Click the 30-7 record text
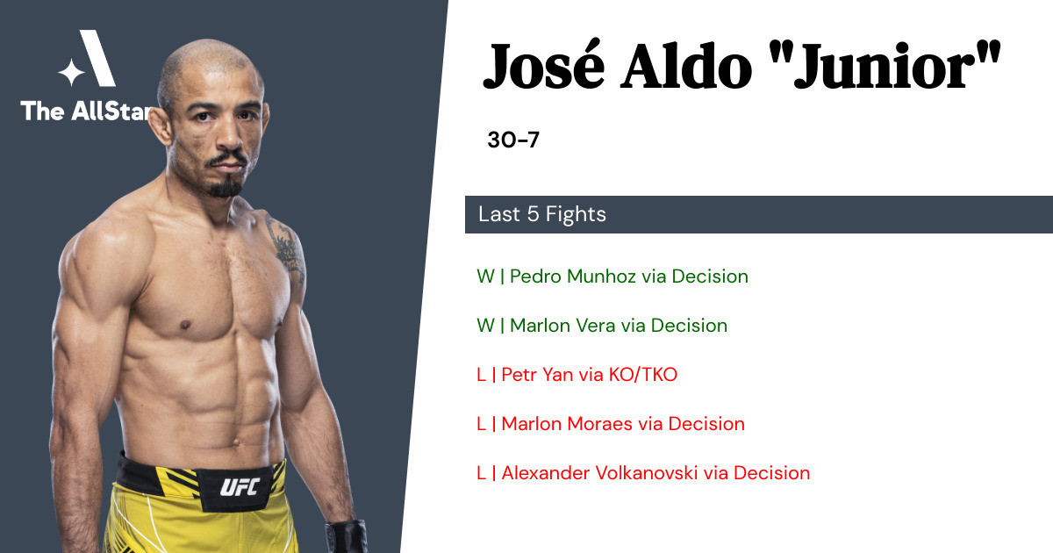coord(512,140)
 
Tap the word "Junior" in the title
coord(897,66)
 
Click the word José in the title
coord(544,65)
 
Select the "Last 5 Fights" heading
coord(542,214)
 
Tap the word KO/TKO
coord(642,375)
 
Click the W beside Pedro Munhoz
coord(485,276)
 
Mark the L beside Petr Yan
coord(481,375)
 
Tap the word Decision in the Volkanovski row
coord(772,473)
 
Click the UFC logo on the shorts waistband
coord(240,487)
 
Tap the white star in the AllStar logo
coord(71,72)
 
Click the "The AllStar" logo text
coord(87,111)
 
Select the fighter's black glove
coord(347,536)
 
